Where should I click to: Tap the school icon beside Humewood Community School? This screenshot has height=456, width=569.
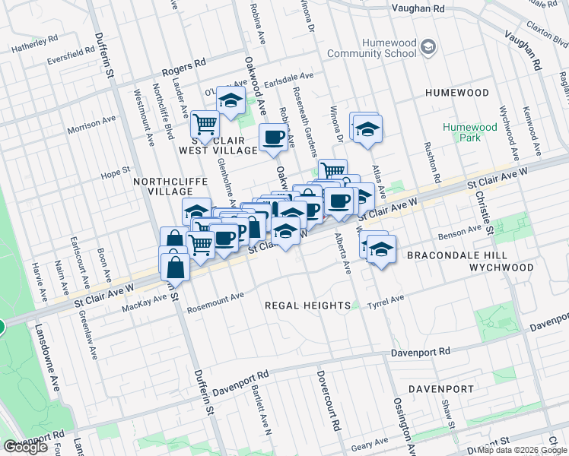(428, 48)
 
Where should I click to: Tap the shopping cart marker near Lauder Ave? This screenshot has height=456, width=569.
(204, 123)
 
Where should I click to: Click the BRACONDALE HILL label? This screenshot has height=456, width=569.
(451, 255)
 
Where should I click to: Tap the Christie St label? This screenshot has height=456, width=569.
(482, 202)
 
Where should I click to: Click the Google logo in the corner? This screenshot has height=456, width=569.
(26, 447)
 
